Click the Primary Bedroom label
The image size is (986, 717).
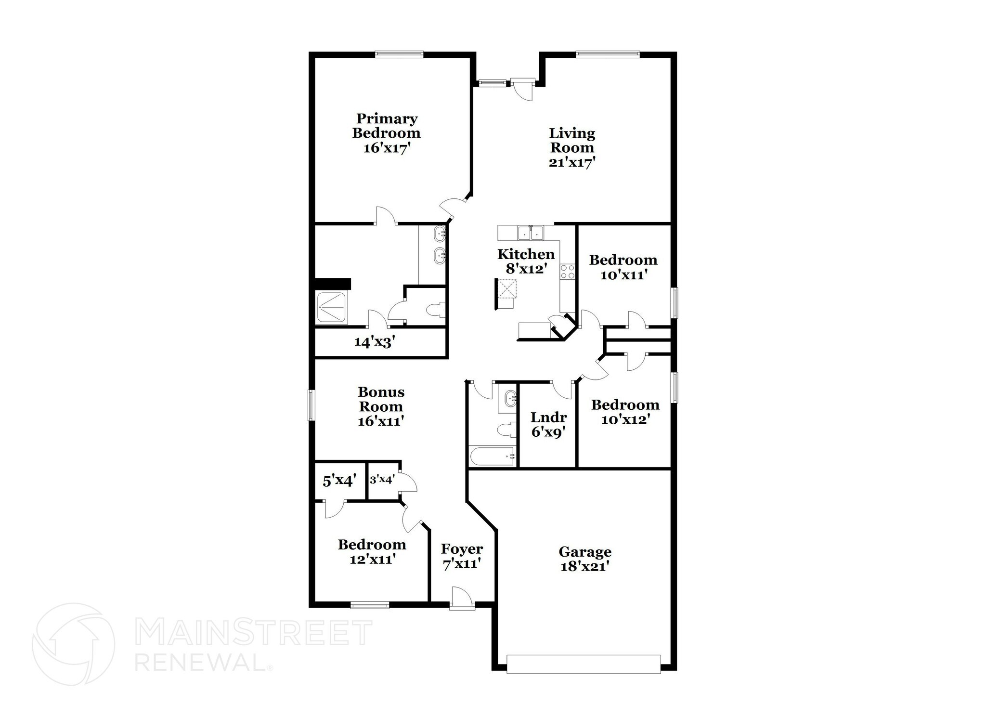[386, 126]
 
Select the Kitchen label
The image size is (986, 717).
[526, 254]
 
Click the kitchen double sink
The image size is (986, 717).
[530, 234]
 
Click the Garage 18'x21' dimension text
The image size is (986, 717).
[585, 567]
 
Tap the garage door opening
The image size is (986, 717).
[584, 664]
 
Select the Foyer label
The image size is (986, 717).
[462, 549]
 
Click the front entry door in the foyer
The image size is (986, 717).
[462, 599]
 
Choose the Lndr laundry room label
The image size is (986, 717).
[548, 417]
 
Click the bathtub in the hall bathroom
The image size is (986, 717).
[492, 456]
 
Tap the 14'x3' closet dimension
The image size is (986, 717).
[375, 342]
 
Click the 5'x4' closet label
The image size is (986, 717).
[339, 481]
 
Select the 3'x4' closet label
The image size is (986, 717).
[382, 480]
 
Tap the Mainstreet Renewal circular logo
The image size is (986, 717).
[73, 644]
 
